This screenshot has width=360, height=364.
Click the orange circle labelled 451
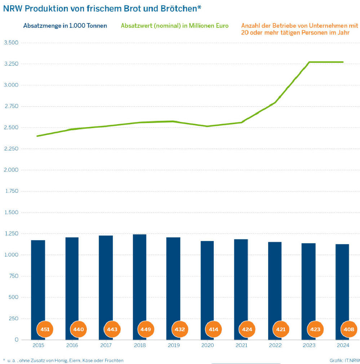coord(45,329)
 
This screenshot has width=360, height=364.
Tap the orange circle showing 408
coord(349,329)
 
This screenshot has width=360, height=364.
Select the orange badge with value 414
coord(213,329)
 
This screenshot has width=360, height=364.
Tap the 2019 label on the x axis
coord(173,345)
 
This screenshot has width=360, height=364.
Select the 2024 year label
coord(342,345)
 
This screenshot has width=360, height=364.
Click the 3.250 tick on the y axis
coord(11,64)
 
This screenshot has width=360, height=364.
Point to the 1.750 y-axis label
coord(11,191)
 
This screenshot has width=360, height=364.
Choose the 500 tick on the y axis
coord(13,297)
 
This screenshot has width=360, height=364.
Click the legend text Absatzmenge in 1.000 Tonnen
coord(65,26)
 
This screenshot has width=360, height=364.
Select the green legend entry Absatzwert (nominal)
coord(174,26)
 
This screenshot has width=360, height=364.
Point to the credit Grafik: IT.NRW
coord(345,360)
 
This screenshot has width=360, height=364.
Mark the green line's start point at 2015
coord(37,136)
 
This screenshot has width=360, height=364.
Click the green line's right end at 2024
coord(343,62)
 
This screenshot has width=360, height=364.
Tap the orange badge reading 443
coord(112,329)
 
